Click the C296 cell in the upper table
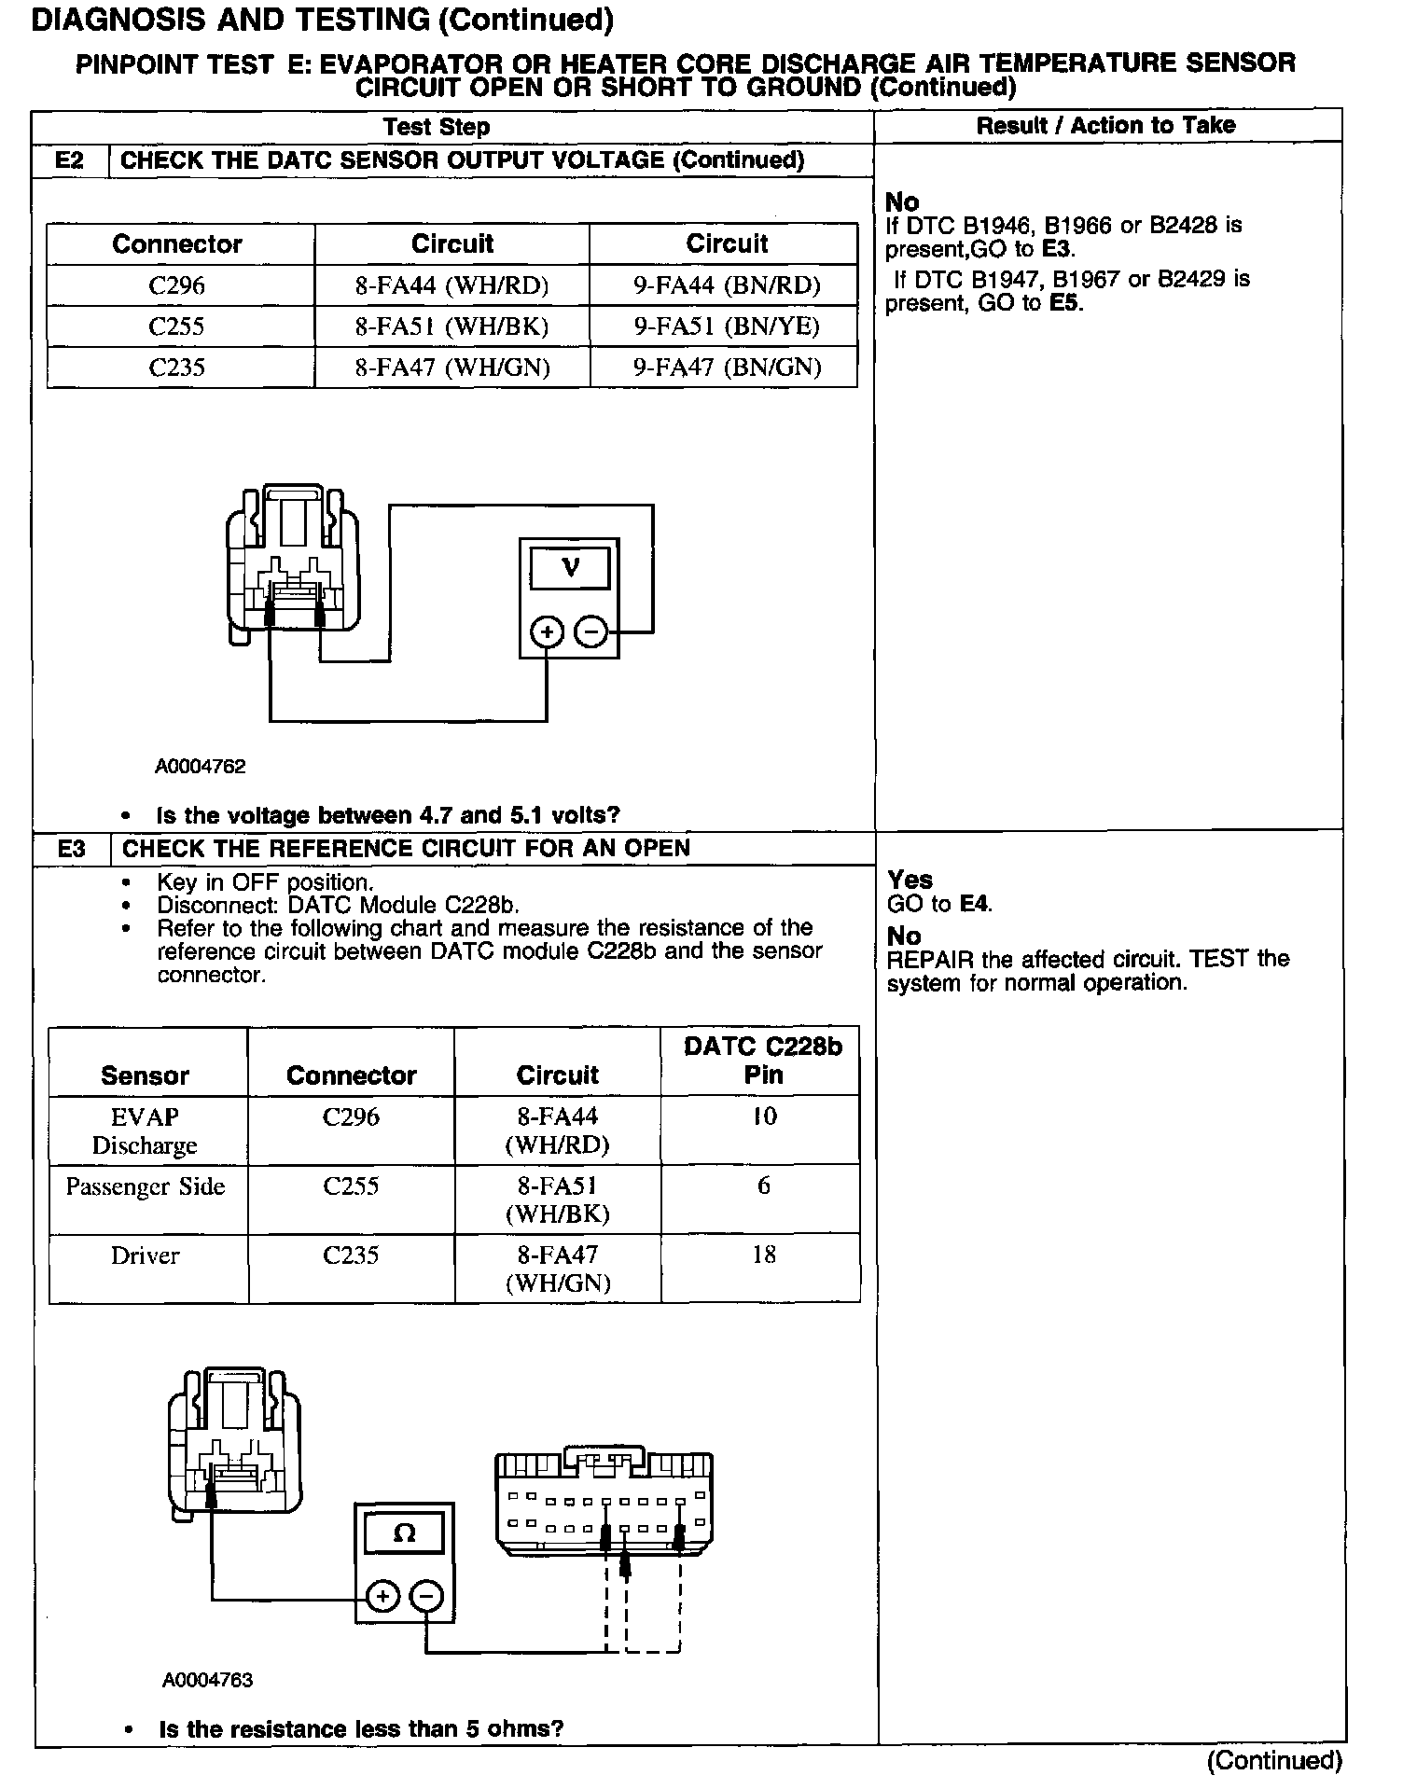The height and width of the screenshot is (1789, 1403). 176,285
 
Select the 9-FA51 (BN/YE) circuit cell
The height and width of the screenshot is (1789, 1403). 727,326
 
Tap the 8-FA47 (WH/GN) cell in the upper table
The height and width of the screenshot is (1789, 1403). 452,368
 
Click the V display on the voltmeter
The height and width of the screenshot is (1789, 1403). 570,567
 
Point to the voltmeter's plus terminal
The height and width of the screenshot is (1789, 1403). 547,633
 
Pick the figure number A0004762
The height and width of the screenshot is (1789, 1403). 201,767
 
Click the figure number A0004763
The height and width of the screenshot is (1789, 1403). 207,1680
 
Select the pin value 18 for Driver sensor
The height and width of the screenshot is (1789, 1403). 763,1255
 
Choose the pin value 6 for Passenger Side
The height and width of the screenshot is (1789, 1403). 763,1186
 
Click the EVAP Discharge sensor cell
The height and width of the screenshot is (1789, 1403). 145,1130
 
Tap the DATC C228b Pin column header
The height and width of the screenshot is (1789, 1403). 762,1061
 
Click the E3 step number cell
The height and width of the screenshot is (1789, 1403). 71,849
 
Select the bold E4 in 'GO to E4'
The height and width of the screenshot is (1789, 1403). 975,904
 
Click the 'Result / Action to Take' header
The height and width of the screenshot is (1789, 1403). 1105,126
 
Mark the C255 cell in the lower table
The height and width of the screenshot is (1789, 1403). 351,1186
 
